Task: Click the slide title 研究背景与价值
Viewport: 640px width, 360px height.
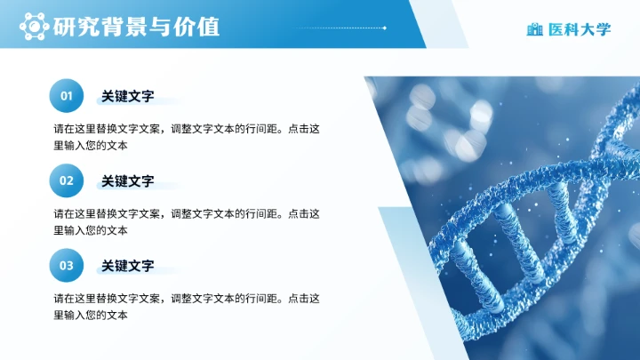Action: (x=136, y=28)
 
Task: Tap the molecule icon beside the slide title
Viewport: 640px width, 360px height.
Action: (x=35, y=28)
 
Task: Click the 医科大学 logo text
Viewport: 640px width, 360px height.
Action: (x=580, y=29)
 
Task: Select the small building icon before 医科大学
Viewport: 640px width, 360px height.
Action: (x=534, y=29)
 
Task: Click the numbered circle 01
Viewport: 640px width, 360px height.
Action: (x=66, y=96)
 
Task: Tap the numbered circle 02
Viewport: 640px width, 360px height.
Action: (x=66, y=180)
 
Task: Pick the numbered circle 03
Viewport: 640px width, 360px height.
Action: (x=66, y=265)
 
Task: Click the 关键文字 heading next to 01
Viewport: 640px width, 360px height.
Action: (x=128, y=96)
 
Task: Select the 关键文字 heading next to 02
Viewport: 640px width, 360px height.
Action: (x=128, y=180)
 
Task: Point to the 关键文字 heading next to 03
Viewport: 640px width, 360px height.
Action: (x=128, y=265)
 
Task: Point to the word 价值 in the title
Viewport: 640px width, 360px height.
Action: (x=197, y=28)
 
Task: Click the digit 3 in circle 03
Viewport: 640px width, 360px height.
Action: (x=69, y=265)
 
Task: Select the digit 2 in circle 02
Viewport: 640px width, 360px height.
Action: (x=69, y=180)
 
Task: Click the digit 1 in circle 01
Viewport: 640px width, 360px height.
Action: (x=69, y=96)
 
